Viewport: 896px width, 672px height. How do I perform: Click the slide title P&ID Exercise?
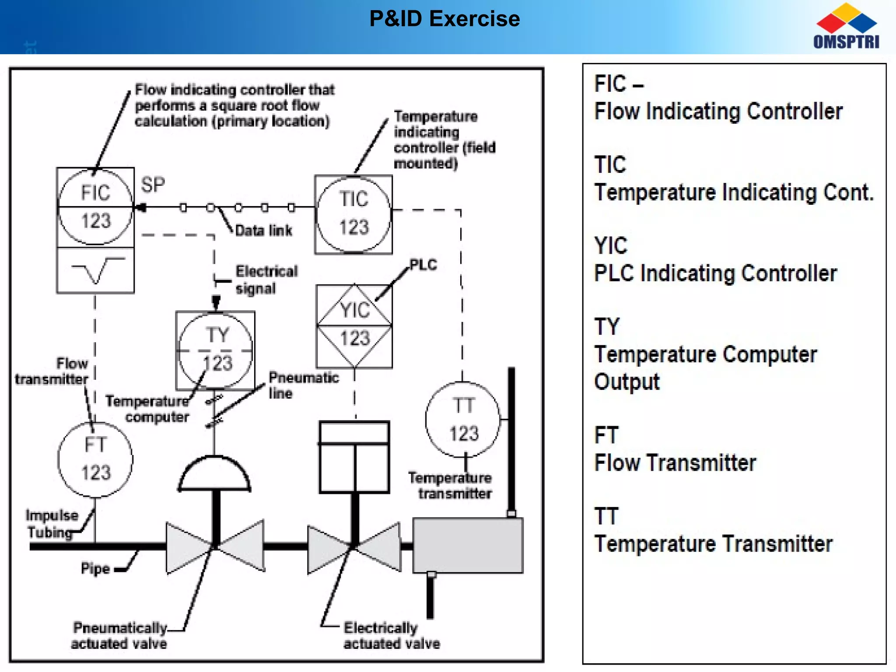coord(444,19)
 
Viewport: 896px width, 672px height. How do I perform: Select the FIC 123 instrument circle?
coord(95,206)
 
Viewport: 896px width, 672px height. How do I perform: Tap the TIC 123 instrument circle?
coord(353,214)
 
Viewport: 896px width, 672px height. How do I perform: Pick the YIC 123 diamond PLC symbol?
coord(354,325)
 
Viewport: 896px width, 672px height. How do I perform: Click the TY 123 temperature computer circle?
coord(216,350)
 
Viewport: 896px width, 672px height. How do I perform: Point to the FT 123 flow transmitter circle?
coord(95,459)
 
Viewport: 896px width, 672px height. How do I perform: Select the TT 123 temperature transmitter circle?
coord(463,420)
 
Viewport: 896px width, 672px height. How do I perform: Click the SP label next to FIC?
coord(153,185)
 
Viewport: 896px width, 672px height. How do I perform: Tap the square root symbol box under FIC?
coord(95,270)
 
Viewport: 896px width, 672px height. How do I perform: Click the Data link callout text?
coord(263,231)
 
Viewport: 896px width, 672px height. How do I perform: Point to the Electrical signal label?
coord(266,280)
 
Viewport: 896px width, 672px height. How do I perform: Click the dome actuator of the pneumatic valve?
coord(214,475)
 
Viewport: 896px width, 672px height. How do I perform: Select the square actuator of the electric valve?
coord(354,457)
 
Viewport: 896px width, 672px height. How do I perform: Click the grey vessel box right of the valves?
coord(468,545)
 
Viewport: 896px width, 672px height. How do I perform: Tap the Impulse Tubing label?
coord(52,524)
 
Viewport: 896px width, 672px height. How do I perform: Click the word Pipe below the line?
coord(95,568)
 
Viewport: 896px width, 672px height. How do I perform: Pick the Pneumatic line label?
coord(303,385)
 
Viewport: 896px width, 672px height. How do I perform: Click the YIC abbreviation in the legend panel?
coord(611,245)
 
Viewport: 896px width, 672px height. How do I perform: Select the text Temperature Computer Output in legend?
coord(705,367)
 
